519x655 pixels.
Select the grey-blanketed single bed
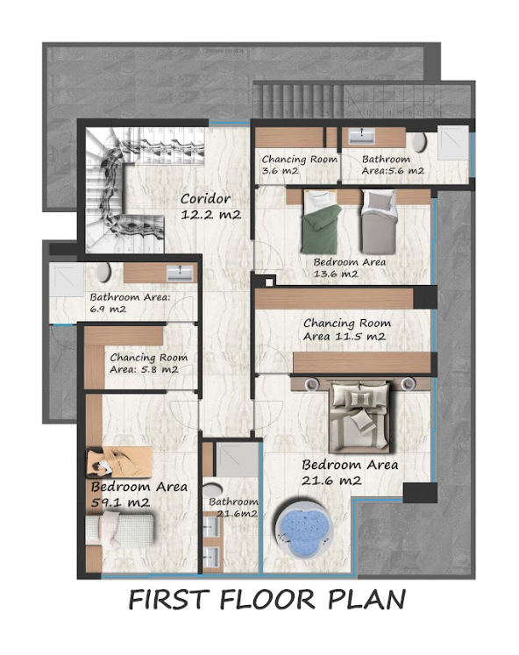coord(378,222)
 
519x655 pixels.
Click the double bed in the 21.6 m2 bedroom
coord(359,416)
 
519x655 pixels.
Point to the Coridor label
coord(205,198)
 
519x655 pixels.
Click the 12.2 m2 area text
coord(211,214)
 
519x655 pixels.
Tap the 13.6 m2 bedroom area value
coord(336,274)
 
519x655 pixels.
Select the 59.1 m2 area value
coord(120,502)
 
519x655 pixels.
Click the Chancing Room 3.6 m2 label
coord(299,165)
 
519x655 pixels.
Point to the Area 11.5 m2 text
coord(345,337)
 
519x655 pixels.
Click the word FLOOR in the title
coord(267,600)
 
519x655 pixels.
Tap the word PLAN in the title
coord(366,600)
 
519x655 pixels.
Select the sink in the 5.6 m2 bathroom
coord(361,136)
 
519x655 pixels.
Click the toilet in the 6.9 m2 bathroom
coord(103,273)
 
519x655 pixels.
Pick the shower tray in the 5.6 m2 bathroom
coord(453,143)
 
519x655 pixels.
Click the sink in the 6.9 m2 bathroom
coord(181,274)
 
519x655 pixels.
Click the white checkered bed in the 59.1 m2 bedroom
coord(119,530)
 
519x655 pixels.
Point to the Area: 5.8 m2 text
coord(144,370)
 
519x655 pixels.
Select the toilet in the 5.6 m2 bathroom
coord(418,143)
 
